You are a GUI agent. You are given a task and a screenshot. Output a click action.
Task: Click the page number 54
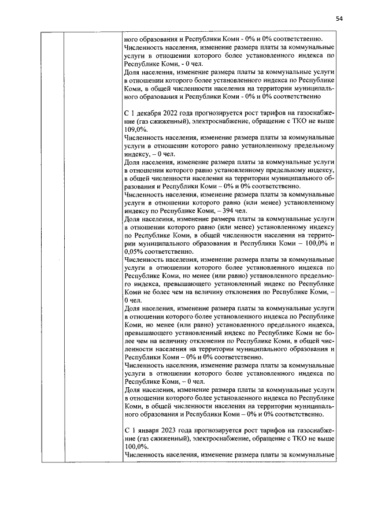click(339, 18)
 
